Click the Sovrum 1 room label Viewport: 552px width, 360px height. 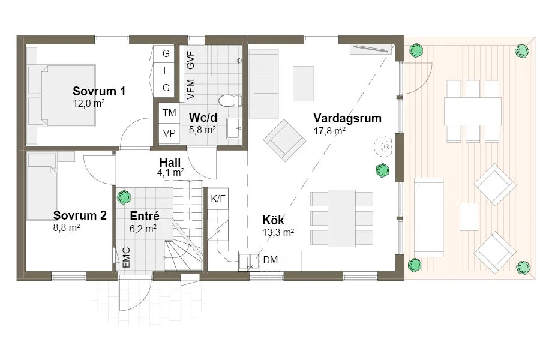99,92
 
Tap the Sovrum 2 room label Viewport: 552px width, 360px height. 80,215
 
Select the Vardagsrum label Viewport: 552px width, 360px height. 347,118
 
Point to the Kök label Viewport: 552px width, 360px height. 273,220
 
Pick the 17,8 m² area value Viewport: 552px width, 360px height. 329,130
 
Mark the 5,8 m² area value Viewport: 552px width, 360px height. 202,129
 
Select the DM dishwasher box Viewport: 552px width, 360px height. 271,260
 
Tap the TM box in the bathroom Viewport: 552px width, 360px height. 169,113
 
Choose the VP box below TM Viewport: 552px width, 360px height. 169,133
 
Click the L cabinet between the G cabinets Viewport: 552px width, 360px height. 166,71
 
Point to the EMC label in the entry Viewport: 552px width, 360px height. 126,257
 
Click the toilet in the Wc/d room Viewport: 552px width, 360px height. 229,100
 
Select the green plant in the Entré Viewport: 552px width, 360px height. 124,196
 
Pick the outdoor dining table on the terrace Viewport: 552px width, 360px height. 472,112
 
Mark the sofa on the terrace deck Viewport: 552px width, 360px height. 429,217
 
